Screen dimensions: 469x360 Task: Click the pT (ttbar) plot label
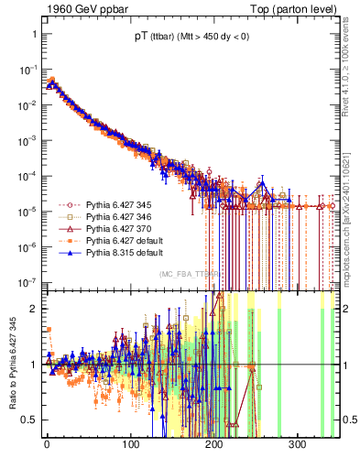coord(184,38)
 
